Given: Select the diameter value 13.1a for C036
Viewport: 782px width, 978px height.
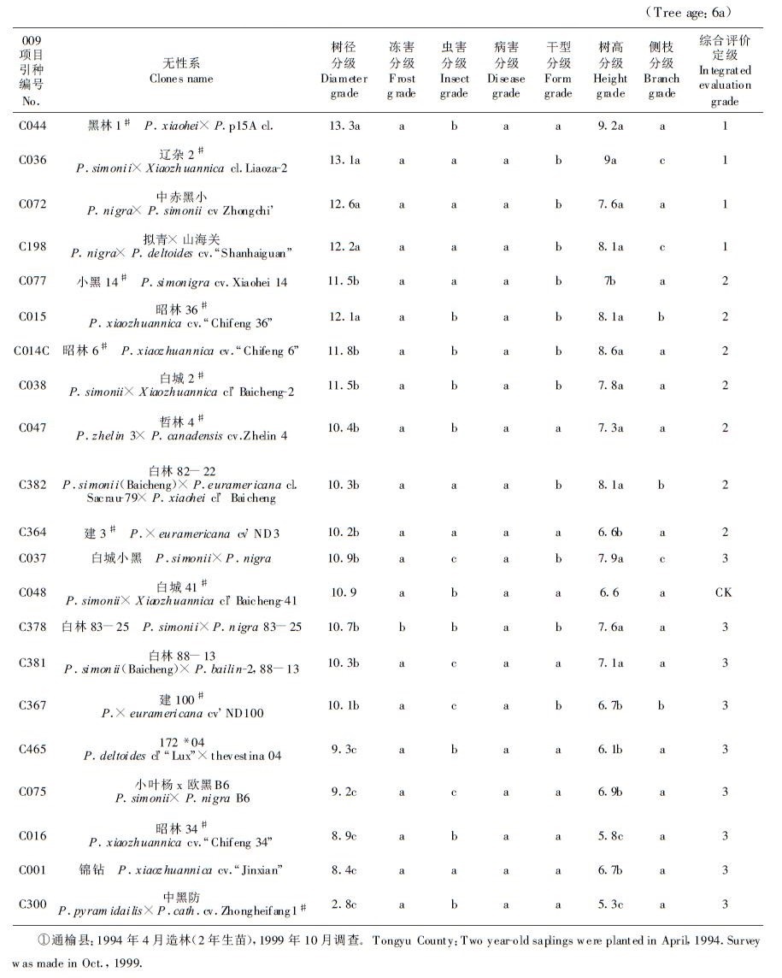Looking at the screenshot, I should (x=344, y=160).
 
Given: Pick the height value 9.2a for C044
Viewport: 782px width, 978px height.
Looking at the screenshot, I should (x=611, y=126).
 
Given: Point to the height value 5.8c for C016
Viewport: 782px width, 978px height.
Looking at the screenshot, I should (x=611, y=836).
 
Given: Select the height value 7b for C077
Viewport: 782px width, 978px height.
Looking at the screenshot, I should (x=610, y=281).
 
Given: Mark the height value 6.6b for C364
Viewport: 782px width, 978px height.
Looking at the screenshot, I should (x=611, y=533).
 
